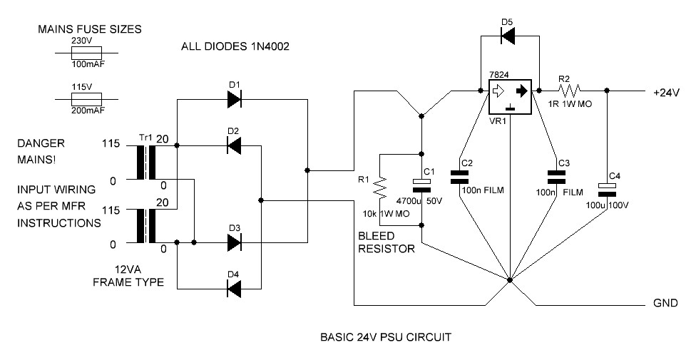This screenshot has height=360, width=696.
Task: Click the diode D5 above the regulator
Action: [509, 38]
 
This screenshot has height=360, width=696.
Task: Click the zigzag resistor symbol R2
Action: [570, 91]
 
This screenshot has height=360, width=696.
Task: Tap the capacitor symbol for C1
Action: [422, 185]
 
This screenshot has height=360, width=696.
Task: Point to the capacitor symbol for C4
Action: [607, 188]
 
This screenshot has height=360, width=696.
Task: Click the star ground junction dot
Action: [510, 280]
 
